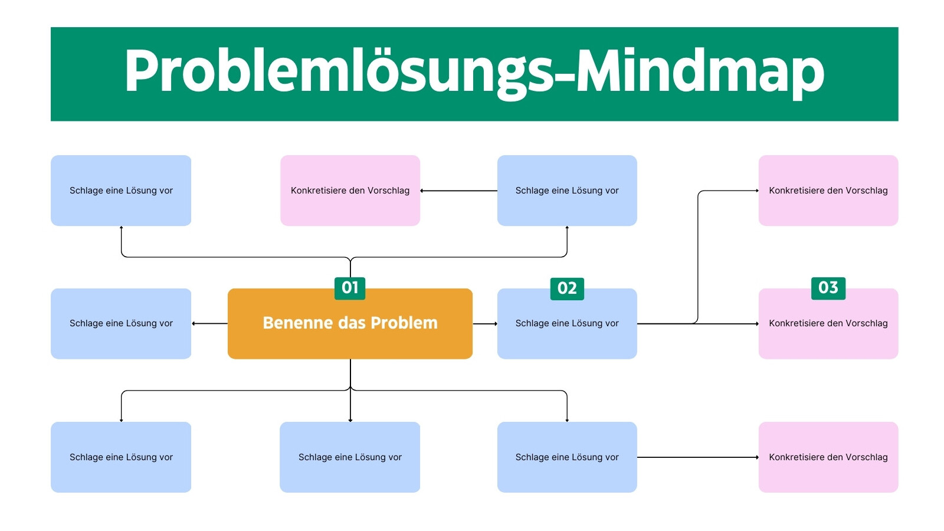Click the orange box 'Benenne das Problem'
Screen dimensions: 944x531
pyautogui.click(x=350, y=324)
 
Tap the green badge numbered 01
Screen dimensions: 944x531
pyautogui.click(x=350, y=289)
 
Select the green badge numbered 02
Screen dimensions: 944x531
pyautogui.click(x=567, y=289)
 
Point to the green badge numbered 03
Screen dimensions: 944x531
pyautogui.click(x=828, y=289)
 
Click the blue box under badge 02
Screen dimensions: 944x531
pyautogui.click(x=567, y=324)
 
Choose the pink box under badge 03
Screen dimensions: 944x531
pyautogui.click(x=828, y=324)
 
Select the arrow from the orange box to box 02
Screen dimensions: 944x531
pyautogui.click(x=485, y=324)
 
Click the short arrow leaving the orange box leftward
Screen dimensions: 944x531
pyautogui.click(x=209, y=324)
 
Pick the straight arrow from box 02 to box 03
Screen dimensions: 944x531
pyautogui.click(x=698, y=324)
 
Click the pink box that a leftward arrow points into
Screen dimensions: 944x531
pyautogui.click(x=350, y=191)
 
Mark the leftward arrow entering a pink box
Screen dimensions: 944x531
pyautogui.click(x=458, y=191)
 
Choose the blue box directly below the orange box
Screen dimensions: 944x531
pyautogui.click(x=350, y=457)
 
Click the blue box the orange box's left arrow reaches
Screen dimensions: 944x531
pyautogui.click(x=121, y=324)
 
